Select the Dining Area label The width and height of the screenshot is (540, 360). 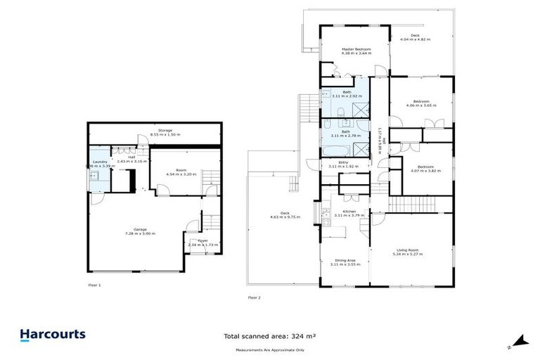pyautogui.click(x=343, y=260)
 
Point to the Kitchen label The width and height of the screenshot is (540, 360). pyautogui.click(x=349, y=211)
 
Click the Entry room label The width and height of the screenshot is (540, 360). pyautogui.click(x=343, y=162)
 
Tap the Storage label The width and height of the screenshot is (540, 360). pyautogui.click(x=165, y=130)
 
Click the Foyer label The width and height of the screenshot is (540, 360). pyautogui.click(x=202, y=240)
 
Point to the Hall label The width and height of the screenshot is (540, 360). pyautogui.click(x=131, y=157)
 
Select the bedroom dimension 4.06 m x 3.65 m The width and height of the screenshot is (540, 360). pyautogui.click(x=421, y=105)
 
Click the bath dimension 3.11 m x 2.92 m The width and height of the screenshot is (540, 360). pyautogui.click(x=347, y=96)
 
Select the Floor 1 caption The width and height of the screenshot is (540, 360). pyautogui.click(x=95, y=285)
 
